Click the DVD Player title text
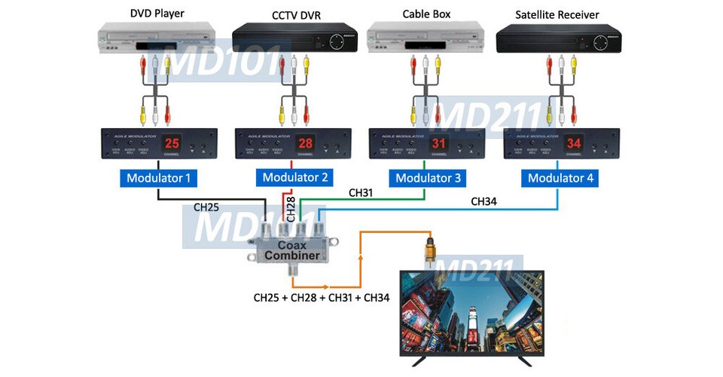pos(157,13)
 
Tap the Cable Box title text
pos(425,13)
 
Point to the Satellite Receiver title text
pos(557,14)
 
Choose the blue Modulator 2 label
pos(292,178)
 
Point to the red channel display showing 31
pos(440,143)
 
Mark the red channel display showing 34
pos(574,143)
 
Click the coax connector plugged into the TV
pos(431,250)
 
